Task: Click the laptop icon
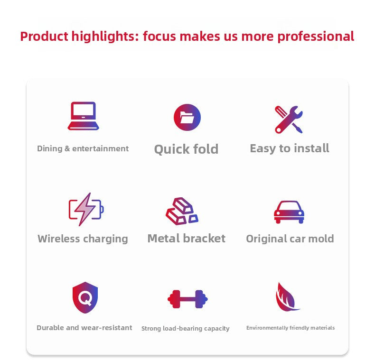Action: coord(83,116)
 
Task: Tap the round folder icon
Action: coord(187,117)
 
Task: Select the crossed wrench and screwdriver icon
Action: coord(289,119)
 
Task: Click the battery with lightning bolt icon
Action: coord(86,209)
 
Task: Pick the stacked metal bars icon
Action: coord(182,212)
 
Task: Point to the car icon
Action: coord(289,212)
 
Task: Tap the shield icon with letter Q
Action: coord(85,297)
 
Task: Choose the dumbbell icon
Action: coord(187,299)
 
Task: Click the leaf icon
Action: coord(287,297)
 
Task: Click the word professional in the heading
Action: coord(316,37)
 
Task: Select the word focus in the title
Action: coord(159,37)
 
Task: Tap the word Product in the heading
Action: coord(44,37)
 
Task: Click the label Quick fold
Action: coord(186,149)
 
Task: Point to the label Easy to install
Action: coord(290,148)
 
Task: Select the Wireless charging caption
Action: coord(83,239)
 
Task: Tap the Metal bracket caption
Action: coord(186,238)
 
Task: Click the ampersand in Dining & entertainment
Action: coord(67,148)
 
